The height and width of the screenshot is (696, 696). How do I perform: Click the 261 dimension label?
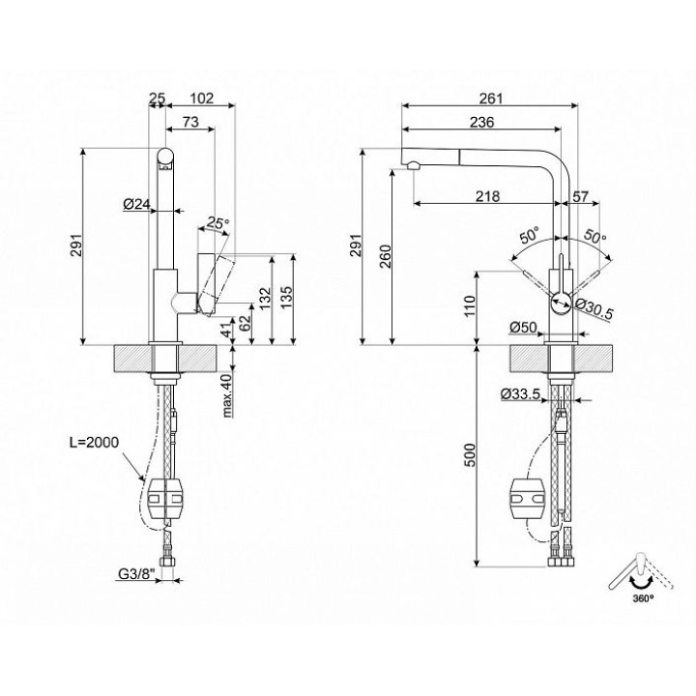point(490,98)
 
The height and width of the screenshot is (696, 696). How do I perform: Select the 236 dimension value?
point(481,122)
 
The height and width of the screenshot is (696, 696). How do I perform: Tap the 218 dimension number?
point(487,195)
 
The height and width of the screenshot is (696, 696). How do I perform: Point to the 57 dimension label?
point(580,195)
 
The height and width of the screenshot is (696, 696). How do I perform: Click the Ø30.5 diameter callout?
point(594,308)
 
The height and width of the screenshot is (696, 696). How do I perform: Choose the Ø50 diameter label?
point(523,328)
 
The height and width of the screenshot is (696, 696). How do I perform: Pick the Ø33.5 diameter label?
point(520,393)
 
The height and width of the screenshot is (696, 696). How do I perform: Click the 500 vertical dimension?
point(471,454)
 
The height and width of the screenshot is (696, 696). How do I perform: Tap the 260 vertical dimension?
point(386,256)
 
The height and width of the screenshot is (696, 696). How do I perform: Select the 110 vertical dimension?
point(471,304)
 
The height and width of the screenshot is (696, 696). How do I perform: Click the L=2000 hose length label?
point(94,442)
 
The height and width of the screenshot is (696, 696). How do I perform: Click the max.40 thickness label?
point(227,395)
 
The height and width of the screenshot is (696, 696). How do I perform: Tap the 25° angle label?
point(217,222)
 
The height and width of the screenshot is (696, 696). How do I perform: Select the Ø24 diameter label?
point(137,204)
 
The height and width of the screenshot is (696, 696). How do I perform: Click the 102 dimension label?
point(201,98)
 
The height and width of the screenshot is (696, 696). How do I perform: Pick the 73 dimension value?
point(190,122)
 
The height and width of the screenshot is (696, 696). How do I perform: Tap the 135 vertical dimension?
point(286,298)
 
